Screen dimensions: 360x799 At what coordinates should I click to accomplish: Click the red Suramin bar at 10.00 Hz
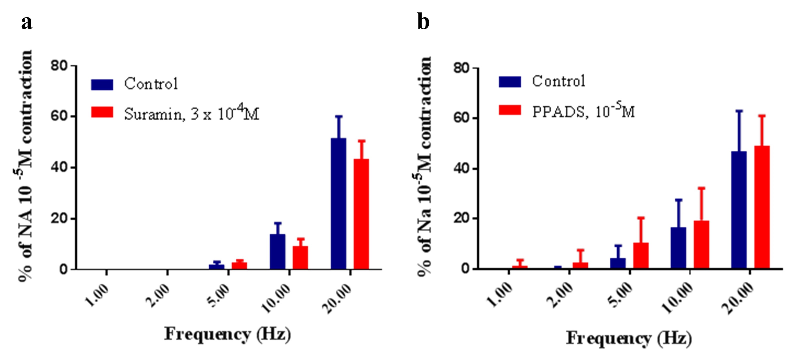[x=300, y=257]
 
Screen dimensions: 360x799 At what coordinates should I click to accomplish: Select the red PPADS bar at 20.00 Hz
[x=762, y=207]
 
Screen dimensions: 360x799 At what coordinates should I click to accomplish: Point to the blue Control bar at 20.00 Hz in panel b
[x=739, y=210]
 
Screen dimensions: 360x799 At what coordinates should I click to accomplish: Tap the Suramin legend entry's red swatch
[x=102, y=112]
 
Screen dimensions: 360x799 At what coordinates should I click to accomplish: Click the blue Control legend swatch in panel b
[x=510, y=81]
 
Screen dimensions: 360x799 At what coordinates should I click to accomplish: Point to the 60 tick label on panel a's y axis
[x=59, y=116]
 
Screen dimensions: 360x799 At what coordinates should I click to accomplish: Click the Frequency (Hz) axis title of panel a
[x=227, y=334]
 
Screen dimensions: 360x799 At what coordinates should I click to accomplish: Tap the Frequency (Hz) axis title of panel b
[x=629, y=338]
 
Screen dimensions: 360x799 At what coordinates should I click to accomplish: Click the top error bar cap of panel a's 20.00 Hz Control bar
[x=339, y=116]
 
